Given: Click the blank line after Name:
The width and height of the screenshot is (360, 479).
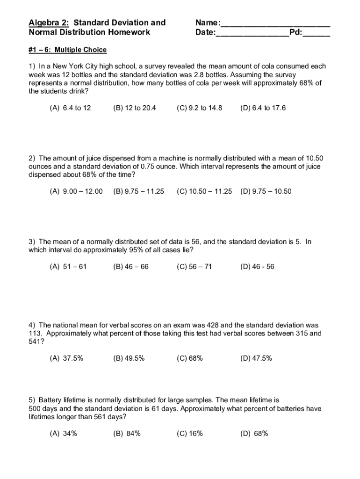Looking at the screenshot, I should click(275, 24).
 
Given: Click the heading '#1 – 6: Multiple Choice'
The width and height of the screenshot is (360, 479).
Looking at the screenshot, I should click(68, 50).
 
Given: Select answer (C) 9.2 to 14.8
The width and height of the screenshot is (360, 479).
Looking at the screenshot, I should click(200, 108).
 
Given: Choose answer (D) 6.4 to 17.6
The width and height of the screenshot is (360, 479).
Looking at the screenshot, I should click(263, 108).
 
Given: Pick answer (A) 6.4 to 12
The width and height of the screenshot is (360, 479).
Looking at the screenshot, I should click(70, 108).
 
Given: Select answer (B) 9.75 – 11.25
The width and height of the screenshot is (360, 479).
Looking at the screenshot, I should click(138, 191).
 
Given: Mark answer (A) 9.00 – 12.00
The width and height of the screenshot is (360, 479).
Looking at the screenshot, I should click(76, 191).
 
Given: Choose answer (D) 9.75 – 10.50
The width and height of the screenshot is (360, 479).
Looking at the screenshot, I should click(266, 191).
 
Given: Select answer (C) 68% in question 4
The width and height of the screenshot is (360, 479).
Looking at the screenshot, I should click(190, 358).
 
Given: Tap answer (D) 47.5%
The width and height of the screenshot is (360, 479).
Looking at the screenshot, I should click(256, 358).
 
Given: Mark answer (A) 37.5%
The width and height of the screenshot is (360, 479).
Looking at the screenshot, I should click(66, 358).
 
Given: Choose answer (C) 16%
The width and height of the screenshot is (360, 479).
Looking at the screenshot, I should click(190, 434).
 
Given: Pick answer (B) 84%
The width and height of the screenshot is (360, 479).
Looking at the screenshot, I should click(127, 434).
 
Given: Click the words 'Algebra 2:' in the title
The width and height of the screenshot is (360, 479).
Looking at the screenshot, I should click(49, 23).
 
